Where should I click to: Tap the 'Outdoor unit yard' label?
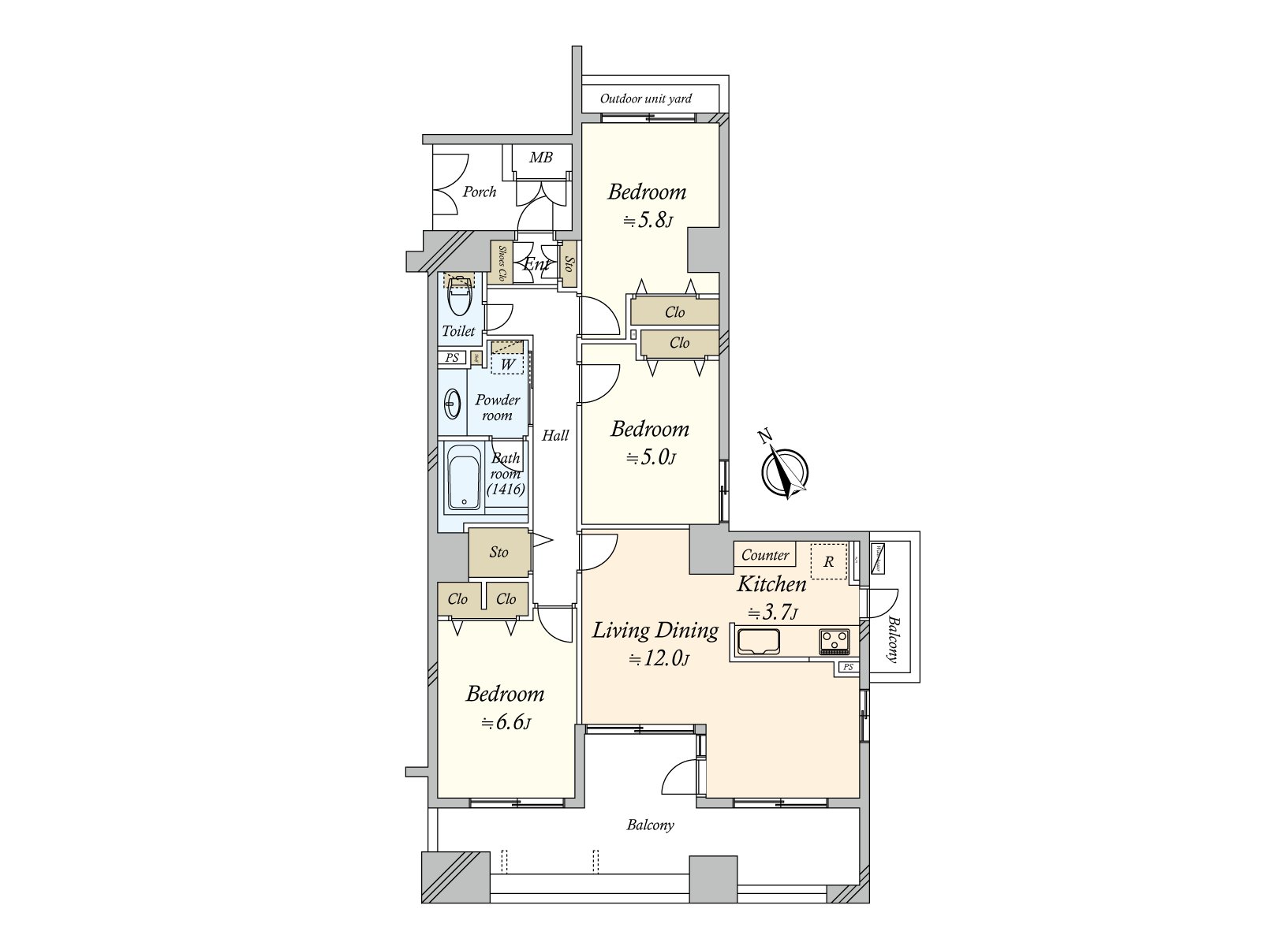click(645, 99)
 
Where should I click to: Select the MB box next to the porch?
click(540, 158)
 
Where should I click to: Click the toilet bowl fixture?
click(459, 296)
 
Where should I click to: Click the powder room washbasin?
click(452, 404)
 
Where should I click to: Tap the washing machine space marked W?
click(508, 364)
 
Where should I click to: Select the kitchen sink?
click(758, 642)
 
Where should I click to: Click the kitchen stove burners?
click(834, 641)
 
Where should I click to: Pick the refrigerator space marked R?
click(828, 562)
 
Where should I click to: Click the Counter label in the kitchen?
click(765, 555)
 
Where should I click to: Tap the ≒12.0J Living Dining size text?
click(659, 659)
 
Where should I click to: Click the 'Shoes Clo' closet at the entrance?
click(500, 263)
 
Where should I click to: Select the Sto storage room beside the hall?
click(498, 553)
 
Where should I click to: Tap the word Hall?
click(554, 435)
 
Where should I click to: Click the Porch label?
click(479, 192)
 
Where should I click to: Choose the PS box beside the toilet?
click(452, 358)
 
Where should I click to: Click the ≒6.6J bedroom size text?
click(506, 723)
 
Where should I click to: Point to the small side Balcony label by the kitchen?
click(892, 639)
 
